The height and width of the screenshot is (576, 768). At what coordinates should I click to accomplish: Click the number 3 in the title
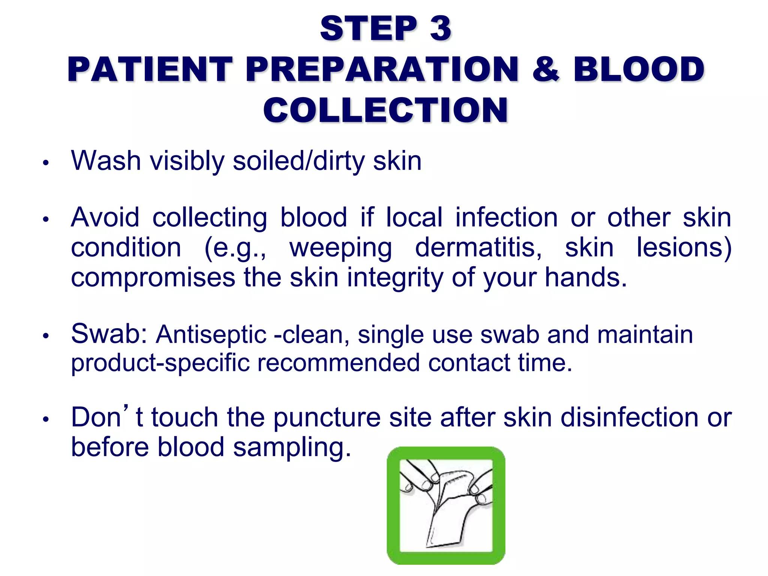(x=440, y=29)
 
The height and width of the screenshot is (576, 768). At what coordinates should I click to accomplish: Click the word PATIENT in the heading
(x=150, y=69)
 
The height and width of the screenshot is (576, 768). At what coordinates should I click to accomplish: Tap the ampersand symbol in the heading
(x=546, y=69)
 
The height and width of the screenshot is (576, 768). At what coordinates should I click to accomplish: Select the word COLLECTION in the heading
(x=385, y=110)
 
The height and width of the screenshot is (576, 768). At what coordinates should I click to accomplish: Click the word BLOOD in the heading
(x=639, y=69)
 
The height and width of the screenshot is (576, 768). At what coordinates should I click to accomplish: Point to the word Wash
(x=106, y=161)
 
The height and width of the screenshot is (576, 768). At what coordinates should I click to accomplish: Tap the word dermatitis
(x=478, y=248)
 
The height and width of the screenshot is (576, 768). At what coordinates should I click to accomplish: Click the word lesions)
(x=684, y=248)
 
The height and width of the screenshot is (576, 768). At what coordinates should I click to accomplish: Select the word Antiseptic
(x=211, y=335)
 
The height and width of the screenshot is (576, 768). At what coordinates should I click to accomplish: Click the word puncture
(x=327, y=418)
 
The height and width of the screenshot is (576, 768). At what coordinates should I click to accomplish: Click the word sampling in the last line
(x=292, y=448)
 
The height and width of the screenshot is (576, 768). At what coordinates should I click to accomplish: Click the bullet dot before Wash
(x=46, y=163)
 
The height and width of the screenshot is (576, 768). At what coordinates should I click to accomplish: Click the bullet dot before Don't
(x=46, y=420)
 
